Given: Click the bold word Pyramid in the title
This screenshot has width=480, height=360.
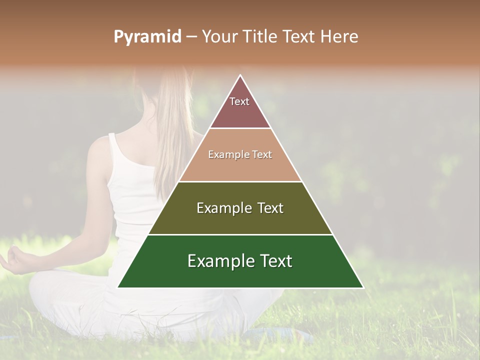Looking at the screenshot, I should click(x=147, y=37).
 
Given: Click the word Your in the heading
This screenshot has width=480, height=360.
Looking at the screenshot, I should click(x=220, y=37).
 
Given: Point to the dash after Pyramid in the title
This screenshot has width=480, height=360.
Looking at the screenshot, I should click(x=191, y=37).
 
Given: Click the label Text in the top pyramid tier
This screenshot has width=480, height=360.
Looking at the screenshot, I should click(x=239, y=101).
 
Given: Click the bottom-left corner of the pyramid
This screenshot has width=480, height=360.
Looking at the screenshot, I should click(x=118, y=287).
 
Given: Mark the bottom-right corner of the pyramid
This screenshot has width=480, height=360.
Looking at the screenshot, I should click(x=363, y=287).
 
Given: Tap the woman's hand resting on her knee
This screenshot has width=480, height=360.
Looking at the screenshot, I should click(x=15, y=258).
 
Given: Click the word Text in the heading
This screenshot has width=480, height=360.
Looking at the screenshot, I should click(x=298, y=37).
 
